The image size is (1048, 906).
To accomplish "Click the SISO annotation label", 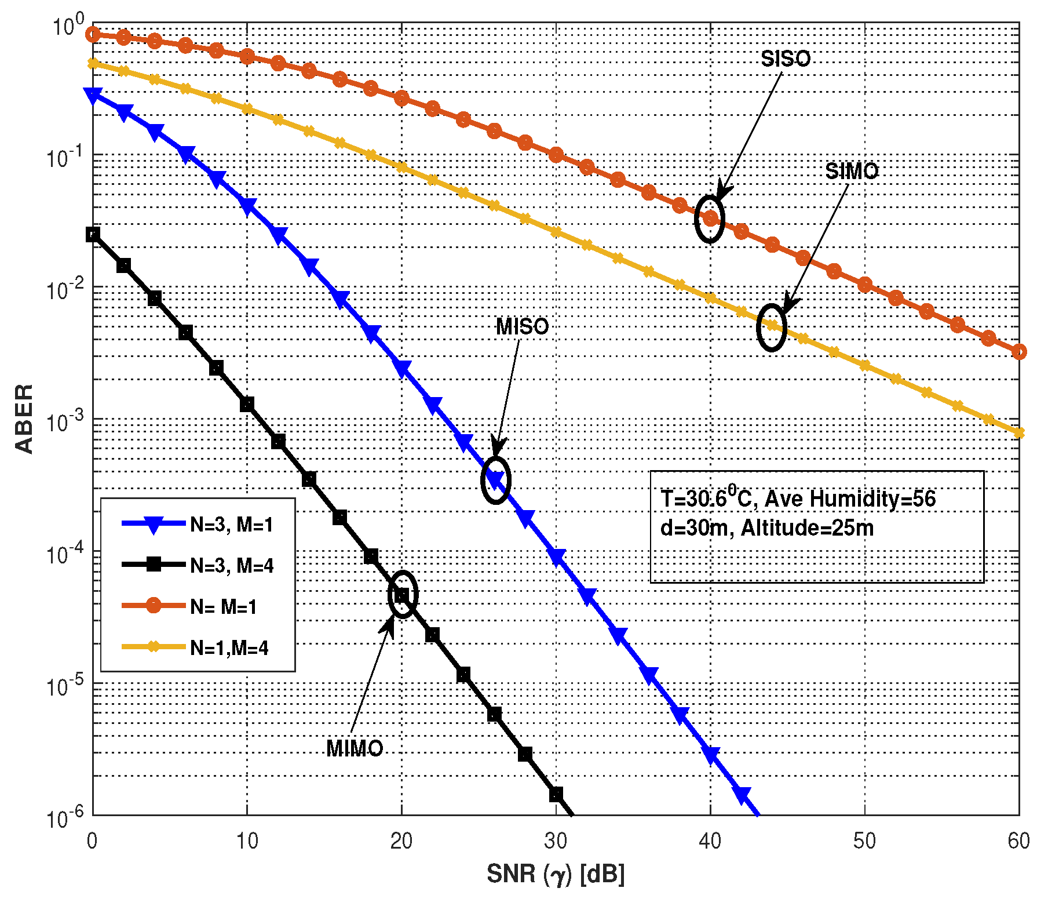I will click(785, 59).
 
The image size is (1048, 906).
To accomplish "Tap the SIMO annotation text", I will click(851, 171).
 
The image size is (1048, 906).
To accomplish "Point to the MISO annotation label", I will click(522, 327).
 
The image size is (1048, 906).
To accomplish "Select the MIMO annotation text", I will click(355, 748).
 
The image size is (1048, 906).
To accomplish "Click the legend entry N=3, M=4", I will click(231, 565).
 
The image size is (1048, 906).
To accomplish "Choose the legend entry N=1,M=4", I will click(229, 647).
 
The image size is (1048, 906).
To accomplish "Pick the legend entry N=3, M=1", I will click(231, 525).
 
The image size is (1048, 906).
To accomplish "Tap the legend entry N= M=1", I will click(223, 607).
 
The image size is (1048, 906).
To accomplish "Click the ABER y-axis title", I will click(24, 419).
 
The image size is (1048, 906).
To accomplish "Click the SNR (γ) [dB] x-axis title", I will click(556, 874).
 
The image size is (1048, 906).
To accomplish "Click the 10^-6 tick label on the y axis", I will click(65, 818).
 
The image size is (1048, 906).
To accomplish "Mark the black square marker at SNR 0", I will click(93, 234).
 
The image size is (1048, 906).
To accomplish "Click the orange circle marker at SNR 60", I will click(1019, 352).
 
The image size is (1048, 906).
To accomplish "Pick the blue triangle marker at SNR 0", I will click(93, 96).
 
